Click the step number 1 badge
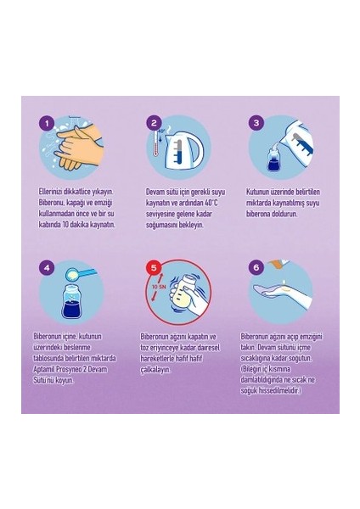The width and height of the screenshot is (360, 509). coord(48,123)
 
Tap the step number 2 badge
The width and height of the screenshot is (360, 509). coord(154,123)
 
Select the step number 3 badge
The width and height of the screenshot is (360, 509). coord(256,123)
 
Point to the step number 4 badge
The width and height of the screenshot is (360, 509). coord(48,267)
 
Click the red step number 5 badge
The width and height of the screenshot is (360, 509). coord(154,267)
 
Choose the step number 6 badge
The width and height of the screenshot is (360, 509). coord(256,267)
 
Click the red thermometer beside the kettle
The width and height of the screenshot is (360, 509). coord(156,142)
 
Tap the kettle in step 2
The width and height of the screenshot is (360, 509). coord(183,149)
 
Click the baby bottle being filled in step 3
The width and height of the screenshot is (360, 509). coord(275,159)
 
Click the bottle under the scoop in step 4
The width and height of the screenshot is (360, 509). coord(72,301)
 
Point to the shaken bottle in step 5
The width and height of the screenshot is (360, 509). coord(182,294)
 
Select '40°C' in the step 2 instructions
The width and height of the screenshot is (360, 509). coord(211,203)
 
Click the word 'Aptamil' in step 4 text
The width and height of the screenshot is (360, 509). coord(44,369)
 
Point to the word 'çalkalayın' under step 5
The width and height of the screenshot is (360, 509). coord(155,370)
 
